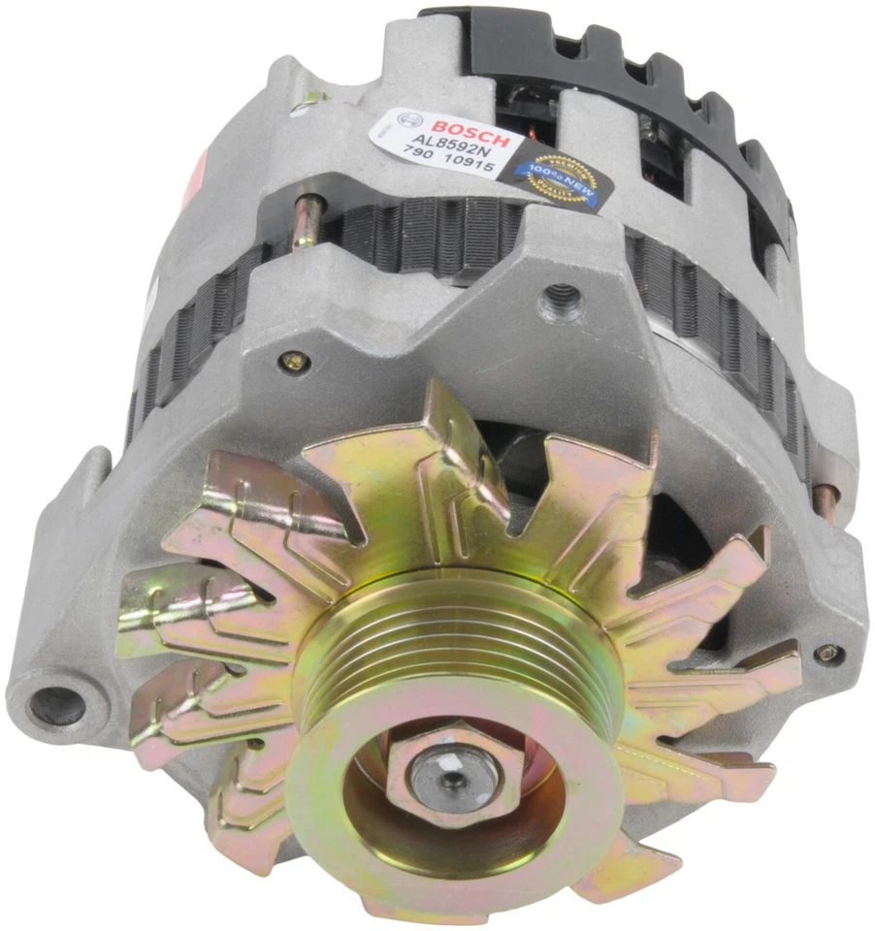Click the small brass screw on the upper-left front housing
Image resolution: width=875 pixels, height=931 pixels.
click(295, 362)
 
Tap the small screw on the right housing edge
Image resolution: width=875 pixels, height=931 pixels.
click(826, 653)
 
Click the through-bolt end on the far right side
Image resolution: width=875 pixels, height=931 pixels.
click(826, 500)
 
